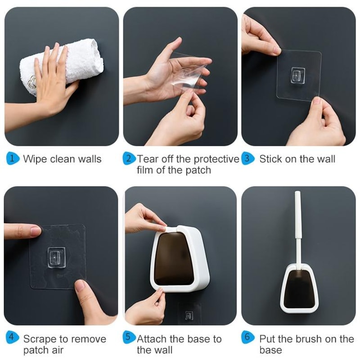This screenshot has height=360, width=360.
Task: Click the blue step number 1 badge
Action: pyautogui.click(x=13, y=158)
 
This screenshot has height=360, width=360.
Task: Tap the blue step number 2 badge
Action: pyautogui.click(x=129, y=158)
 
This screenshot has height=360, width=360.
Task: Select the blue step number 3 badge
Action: pyautogui.click(x=247, y=158)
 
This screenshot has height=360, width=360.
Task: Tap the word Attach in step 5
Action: pyautogui.click(x=153, y=339)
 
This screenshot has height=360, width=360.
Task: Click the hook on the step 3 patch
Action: pyautogui.click(x=298, y=75)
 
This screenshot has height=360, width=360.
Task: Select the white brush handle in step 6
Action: pyautogui.click(x=297, y=225)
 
